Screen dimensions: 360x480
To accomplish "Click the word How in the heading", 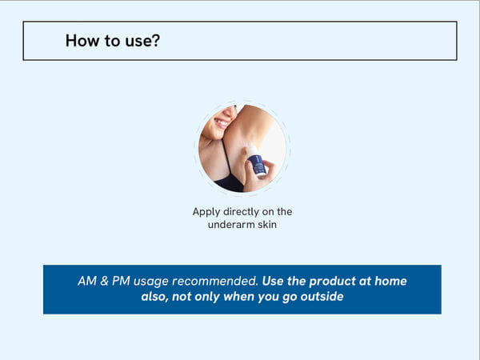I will point(82,40).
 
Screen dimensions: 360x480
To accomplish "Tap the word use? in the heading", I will point(140,40).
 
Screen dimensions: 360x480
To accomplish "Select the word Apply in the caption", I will point(206,212).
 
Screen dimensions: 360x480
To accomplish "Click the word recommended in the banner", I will point(218,281).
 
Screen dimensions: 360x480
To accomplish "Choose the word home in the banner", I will point(389,281).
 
